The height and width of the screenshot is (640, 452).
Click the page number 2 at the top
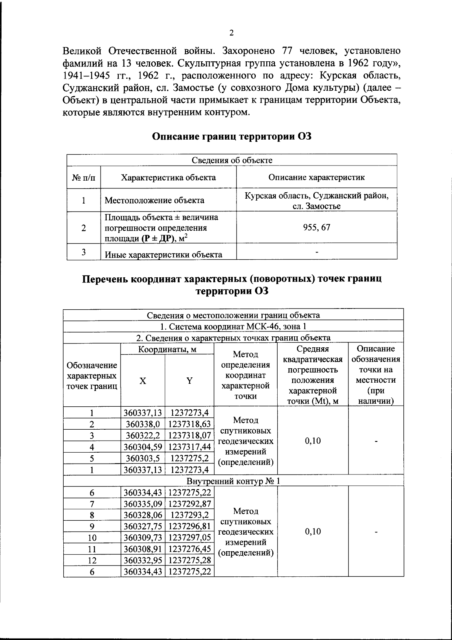coord(231,33)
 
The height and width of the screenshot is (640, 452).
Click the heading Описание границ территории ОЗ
coord(232,136)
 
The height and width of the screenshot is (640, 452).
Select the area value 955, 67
coord(317,227)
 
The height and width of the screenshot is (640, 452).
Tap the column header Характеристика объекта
coord(168,178)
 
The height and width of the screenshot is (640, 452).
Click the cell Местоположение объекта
coord(154,200)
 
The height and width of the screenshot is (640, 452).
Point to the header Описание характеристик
coord(316,178)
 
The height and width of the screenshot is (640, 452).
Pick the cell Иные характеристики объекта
coord(163,255)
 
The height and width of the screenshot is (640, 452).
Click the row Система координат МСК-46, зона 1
coord(233,326)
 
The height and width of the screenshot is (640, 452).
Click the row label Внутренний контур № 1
coord(233,481)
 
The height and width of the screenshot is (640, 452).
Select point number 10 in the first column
coord(92,538)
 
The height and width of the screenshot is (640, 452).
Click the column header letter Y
coord(189,381)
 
